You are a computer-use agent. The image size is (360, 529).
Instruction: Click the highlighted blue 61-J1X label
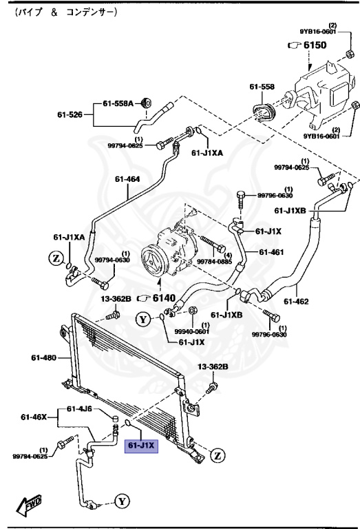140,446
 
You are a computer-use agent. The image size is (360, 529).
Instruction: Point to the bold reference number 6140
163,298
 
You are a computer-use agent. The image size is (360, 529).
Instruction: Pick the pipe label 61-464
127,179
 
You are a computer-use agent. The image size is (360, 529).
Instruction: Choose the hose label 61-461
272,251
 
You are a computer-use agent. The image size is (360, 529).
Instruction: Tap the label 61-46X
33,417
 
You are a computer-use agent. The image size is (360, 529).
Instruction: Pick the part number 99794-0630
112,260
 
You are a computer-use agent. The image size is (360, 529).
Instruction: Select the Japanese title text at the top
65,13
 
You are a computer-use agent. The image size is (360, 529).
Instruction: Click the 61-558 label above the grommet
262,87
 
